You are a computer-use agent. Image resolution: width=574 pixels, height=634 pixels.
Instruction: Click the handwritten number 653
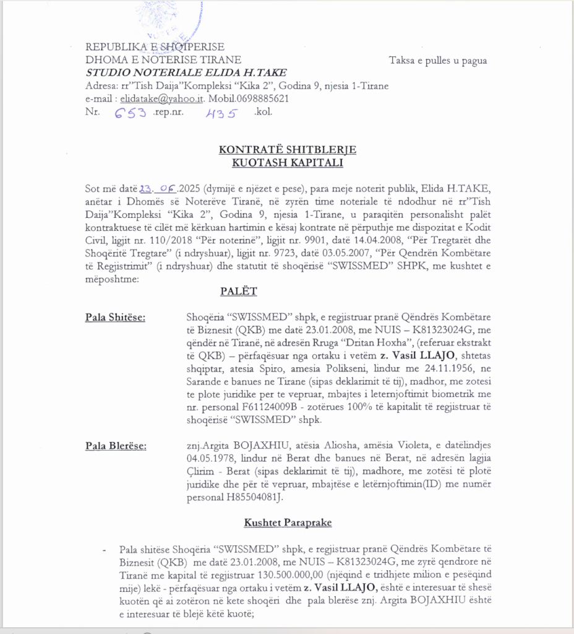pyautogui.click(x=131, y=112)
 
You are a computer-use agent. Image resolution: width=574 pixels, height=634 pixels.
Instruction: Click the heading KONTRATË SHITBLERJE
pyautogui.click(x=288, y=150)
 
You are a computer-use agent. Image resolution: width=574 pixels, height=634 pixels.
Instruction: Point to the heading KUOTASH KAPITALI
pyautogui.click(x=288, y=162)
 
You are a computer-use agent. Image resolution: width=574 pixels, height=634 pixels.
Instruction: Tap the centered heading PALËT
pyautogui.click(x=238, y=290)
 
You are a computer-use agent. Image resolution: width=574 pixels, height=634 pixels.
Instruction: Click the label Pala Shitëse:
pyautogui.click(x=116, y=318)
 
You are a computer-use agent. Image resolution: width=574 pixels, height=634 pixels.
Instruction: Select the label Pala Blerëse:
pyautogui.click(x=116, y=446)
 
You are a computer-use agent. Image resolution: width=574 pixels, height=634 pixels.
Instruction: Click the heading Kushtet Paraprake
pyautogui.click(x=288, y=523)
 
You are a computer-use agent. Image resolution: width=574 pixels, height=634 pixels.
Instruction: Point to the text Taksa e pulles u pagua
pyautogui.click(x=438, y=61)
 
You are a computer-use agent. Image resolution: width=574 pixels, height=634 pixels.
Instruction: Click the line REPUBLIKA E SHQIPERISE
pyautogui.click(x=155, y=47)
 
